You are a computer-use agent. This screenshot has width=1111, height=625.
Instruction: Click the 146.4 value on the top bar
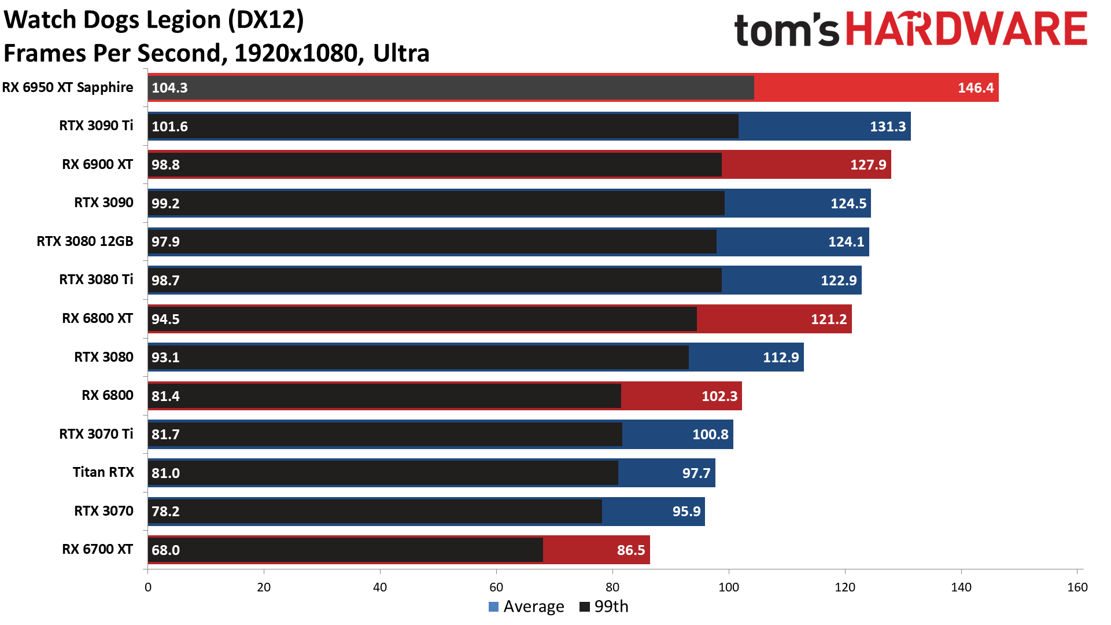pyautogui.click(x=975, y=88)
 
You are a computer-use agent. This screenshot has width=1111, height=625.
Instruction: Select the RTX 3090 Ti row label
pyautogui.click(x=96, y=126)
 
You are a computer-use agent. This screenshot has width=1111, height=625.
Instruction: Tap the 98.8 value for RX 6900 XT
pyautogui.click(x=165, y=165)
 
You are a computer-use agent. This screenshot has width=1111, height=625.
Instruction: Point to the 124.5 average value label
pyautogui.click(x=848, y=204)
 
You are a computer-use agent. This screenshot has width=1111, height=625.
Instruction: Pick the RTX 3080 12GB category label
pyautogui.click(x=84, y=241)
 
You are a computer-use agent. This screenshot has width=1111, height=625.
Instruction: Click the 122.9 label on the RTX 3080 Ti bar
pyautogui.click(x=838, y=281)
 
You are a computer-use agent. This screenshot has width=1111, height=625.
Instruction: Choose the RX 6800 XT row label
pyautogui.click(x=97, y=318)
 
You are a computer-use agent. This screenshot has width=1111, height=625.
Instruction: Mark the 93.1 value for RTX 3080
pyautogui.click(x=165, y=358)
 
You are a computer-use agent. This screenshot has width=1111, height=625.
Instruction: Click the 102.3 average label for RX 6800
pyautogui.click(x=719, y=396)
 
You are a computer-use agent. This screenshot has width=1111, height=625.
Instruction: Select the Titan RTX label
pyautogui.click(x=103, y=472)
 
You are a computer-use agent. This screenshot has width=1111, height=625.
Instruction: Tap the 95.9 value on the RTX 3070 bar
pyautogui.click(x=686, y=512)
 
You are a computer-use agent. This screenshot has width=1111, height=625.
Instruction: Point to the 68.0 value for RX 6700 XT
pyautogui.click(x=165, y=550)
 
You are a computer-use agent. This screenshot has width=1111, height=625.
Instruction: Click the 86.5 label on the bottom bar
pyautogui.click(x=630, y=550)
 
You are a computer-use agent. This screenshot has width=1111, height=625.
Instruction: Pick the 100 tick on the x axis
pyautogui.click(x=728, y=587)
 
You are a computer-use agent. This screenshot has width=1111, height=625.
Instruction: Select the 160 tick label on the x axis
pyautogui.click(x=1077, y=587)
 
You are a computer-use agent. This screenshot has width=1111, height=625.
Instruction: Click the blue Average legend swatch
pyautogui.click(x=493, y=606)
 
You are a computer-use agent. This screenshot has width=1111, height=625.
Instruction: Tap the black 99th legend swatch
pyautogui.click(x=584, y=606)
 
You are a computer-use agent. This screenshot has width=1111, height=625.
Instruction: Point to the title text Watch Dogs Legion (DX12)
pyautogui.click(x=154, y=20)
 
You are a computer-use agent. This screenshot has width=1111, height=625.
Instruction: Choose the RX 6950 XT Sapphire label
pyautogui.click(x=68, y=87)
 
